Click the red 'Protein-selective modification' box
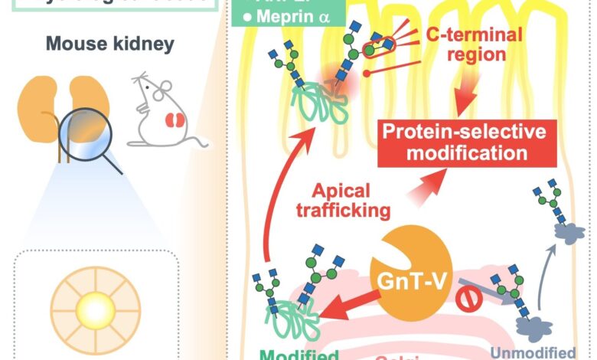tap(465, 142)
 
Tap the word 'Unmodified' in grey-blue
tap(536, 354)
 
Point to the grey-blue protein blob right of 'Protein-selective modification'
tap(567, 237)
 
